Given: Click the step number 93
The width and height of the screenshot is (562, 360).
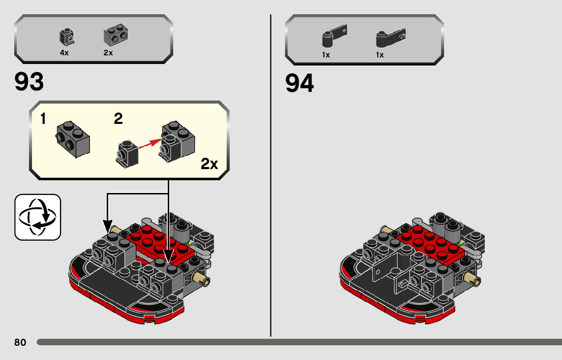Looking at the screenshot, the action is [29, 82].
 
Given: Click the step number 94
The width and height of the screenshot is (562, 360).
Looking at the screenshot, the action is [300, 84].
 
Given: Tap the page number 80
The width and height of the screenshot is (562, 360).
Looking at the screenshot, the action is [20, 342].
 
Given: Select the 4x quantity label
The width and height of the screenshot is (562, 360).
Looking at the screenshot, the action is [64, 53].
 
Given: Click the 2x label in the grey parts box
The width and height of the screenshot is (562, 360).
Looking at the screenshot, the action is [108, 53].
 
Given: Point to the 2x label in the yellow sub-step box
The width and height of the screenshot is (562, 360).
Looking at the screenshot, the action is [209, 163].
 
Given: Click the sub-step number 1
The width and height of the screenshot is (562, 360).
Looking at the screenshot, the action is [43, 119].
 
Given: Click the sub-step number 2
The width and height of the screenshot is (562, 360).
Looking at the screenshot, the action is [118, 119].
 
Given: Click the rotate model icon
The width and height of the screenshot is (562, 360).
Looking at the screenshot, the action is [38, 217].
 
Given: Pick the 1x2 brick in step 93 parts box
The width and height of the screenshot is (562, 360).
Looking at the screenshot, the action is [115, 35].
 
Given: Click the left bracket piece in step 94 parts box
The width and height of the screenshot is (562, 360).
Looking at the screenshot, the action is [333, 36].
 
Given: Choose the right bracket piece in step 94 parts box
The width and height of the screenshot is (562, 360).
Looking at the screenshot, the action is [389, 37].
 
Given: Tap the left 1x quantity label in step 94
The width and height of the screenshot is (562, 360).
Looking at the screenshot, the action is [326, 55].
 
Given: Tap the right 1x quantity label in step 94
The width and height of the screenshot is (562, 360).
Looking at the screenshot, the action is [380, 55].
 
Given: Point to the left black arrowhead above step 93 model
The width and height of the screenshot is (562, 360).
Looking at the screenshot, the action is [107, 224].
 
